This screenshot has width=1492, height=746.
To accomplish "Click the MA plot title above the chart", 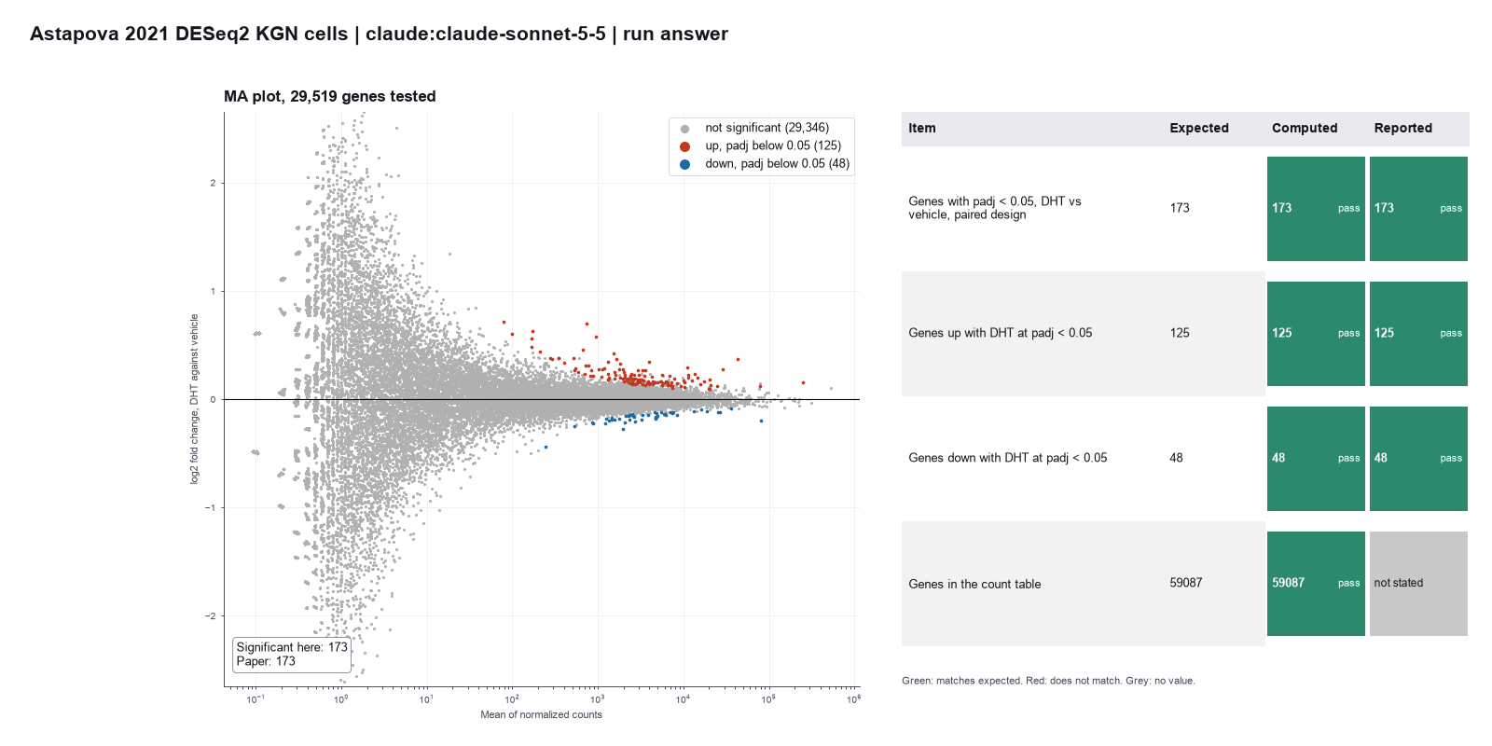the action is pyautogui.click(x=330, y=97).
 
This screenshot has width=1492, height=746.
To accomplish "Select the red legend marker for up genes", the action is pyautogui.click(x=684, y=146).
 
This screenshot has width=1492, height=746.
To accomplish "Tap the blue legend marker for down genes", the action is pyautogui.click(x=684, y=164).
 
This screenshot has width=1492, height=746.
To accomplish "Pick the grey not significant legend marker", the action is pyautogui.click(x=684, y=129).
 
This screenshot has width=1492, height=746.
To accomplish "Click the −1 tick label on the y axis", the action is pyautogui.click(x=211, y=507).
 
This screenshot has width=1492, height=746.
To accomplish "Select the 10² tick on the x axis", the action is pyautogui.click(x=512, y=699).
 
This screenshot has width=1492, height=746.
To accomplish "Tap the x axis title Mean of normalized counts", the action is pyautogui.click(x=541, y=714).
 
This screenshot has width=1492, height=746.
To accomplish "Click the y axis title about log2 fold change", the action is pyautogui.click(x=195, y=399).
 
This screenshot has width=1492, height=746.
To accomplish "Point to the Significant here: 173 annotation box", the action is pyautogui.click(x=292, y=655).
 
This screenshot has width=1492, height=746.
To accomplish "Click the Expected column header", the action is pyautogui.click(x=1199, y=128).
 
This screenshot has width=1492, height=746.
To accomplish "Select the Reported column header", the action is pyautogui.click(x=1402, y=128).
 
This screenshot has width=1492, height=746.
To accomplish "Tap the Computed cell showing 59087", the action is pyautogui.click(x=1316, y=584).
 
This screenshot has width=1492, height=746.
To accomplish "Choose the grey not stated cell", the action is pyautogui.click(x=1418, y=584).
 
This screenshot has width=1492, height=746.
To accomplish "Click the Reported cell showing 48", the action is pyautogui.click(x=1418, y=458).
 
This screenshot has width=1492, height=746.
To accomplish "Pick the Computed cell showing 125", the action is pyautogui.click(x=1316, y=334).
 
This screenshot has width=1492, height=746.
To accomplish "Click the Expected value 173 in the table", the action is pyautogui.click(x=1180, y=208).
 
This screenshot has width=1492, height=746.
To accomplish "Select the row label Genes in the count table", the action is pyautogui.click(x=974, y=584).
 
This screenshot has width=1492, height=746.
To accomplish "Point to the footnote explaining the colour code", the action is pyautogui.click(x=1048, y=681).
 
